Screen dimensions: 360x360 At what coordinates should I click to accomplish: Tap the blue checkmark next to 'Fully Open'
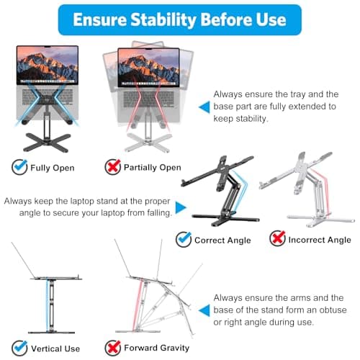pyautogui.click(x=19, y=167)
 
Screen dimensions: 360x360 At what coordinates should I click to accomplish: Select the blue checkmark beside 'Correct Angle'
pyautogui.click(x=184, y=239)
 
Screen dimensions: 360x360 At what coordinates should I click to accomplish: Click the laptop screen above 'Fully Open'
pyautogui.click(x=48, y=64)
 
